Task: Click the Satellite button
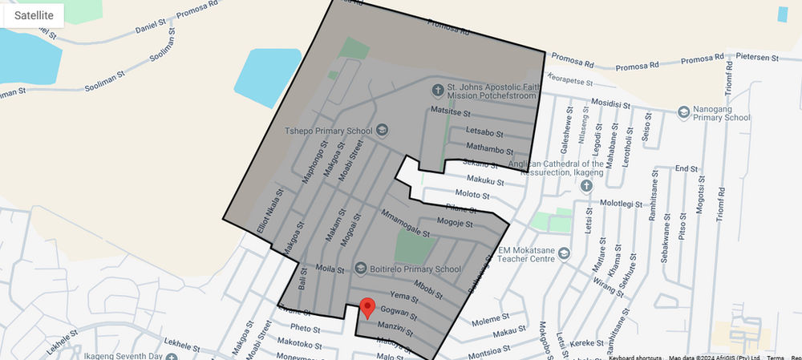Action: pyautogui.click(x=34, y=15)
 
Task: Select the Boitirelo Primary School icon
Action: pyautogui.click(x=358, y=269)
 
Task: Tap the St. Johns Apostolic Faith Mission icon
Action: pyautogui.click(x=437, y=90)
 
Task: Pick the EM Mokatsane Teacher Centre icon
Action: pyautogui.click(x=564, y=254)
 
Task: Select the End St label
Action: pyautogui.click(x=686, y=169)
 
